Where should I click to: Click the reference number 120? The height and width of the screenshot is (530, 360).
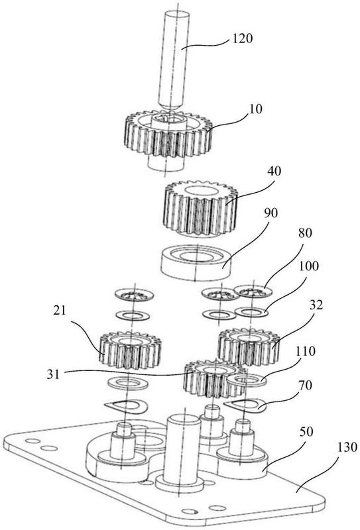(x=242, y=38)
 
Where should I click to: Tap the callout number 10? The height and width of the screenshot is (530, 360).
(x=255, y=109)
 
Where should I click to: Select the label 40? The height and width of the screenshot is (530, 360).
(x=274, y=171)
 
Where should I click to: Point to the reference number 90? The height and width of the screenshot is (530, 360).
(x=270, y=213)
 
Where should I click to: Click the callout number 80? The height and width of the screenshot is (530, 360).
(x=305, y=233)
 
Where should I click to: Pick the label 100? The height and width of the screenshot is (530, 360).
(x=308, y=266)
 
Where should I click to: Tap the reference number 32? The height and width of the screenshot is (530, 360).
(x=316, y=305)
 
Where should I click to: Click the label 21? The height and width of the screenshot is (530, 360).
(x=60, y=311)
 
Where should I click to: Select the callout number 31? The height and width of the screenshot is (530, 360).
(x=53, y=374)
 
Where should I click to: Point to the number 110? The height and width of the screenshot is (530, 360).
(x=305, y=352)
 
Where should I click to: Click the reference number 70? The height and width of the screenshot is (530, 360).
(x=305, y=385)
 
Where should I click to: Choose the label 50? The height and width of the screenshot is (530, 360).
(x=306, y=432)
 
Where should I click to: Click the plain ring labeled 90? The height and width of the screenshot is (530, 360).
(x=196, y=264)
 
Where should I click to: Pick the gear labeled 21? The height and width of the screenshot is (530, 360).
(x=130, y=350)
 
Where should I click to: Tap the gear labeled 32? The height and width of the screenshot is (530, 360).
(x=249, y=347)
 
